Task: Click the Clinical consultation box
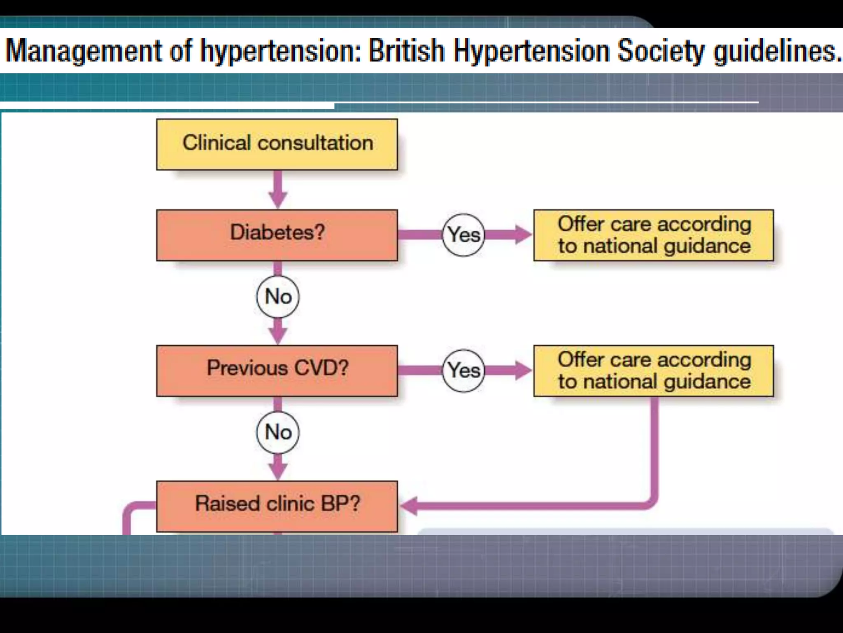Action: coord(277,144)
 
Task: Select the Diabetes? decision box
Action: coord(277,235)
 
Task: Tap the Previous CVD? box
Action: coord(277,370)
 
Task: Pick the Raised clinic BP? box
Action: coord(277,506)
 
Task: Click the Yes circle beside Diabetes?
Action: coord(463,235)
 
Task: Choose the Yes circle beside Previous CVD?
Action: coord(463,370)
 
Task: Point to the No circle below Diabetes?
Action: coord(278,296)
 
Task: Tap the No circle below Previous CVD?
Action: coord(278,432)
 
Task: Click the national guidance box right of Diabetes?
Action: coord(654,235)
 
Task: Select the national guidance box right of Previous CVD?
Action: coord(654,370)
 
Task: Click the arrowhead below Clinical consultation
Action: coord(278,200)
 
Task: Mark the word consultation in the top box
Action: coord(315,143)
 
